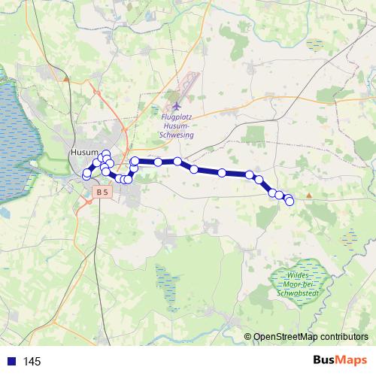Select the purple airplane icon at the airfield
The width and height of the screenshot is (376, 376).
(x=176, y=107)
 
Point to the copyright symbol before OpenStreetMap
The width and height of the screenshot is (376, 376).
(x=248, y=337)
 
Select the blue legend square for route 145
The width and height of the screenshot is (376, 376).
(x=11, y=361)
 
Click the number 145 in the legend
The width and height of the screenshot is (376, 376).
(x=32, y=362)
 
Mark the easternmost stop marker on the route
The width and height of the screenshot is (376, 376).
(x=290, y=202)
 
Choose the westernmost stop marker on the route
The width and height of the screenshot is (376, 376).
(x=86, y=175)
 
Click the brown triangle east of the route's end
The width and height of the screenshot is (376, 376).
(x=308, y=196)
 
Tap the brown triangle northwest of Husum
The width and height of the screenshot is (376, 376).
(x=68, y=77)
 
